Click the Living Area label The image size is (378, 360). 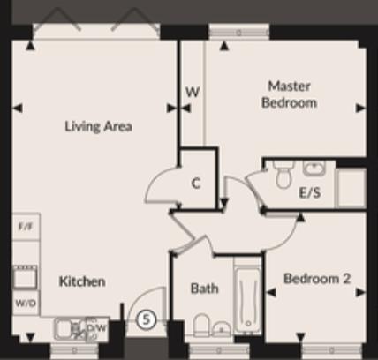click(98, 126)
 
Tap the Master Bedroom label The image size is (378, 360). click(291, 94)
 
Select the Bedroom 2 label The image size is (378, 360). click(316, 279)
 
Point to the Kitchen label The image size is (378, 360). click(82, 282)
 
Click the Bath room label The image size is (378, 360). click(205, 289)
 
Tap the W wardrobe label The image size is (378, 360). click(191, 91)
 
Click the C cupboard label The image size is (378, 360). click(197, 184)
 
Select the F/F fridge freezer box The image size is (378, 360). click(25, 227)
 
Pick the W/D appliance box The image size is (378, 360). click(25, 304)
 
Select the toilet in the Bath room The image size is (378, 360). click(200, 328)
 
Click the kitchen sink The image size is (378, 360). click(65, 328)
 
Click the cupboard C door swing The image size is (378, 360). click(163, 187)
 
